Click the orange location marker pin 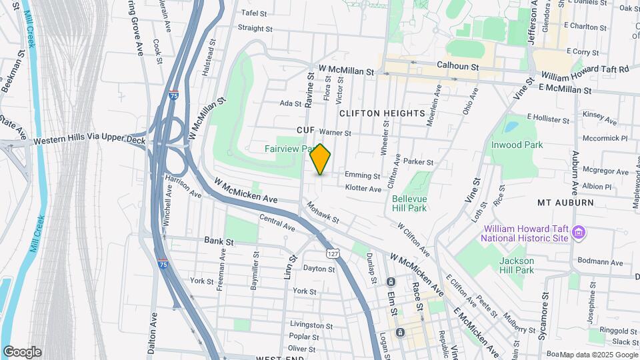click(x=321, y=159)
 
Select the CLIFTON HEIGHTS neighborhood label click(x=382, y=113)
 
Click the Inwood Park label click(x=517, y=145)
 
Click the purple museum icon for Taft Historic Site click(x=578, y=233)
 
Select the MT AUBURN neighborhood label click(x=565, y=201)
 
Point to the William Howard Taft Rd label click(x=585, y=69)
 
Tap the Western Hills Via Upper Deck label click(x=89, y=141)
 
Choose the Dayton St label click(x=319, y=269)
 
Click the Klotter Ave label click(x=363, y=189)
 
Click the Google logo click(x=22, y=352)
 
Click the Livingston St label click(x=311, y=325)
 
